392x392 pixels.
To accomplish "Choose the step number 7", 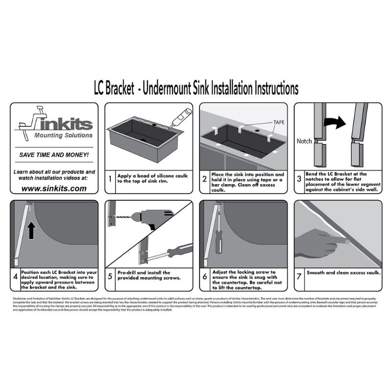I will tap(299, 276).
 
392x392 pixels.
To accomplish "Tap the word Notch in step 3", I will tap(304, 141).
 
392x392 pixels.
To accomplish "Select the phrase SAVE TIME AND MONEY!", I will tap(54, 155).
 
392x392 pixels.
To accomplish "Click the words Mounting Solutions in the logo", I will tap(63, 135).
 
